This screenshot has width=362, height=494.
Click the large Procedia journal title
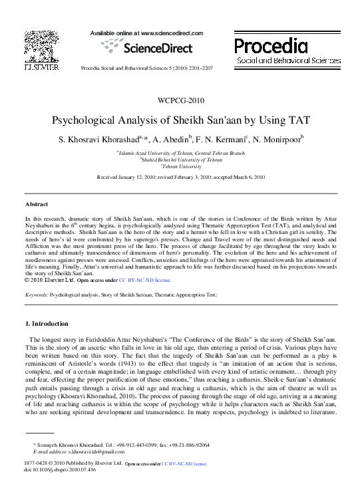(270, 46)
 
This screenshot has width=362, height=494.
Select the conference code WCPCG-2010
(181, 101)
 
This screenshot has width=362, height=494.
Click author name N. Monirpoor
(279, 140)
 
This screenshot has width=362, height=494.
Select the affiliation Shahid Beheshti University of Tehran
(181, 160)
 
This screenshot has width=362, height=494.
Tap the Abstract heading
(37, 203)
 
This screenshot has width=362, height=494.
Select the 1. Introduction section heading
(47, 324)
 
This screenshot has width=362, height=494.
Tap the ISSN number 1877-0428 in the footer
(37, 462)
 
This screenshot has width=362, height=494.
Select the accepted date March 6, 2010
(247, 178)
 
